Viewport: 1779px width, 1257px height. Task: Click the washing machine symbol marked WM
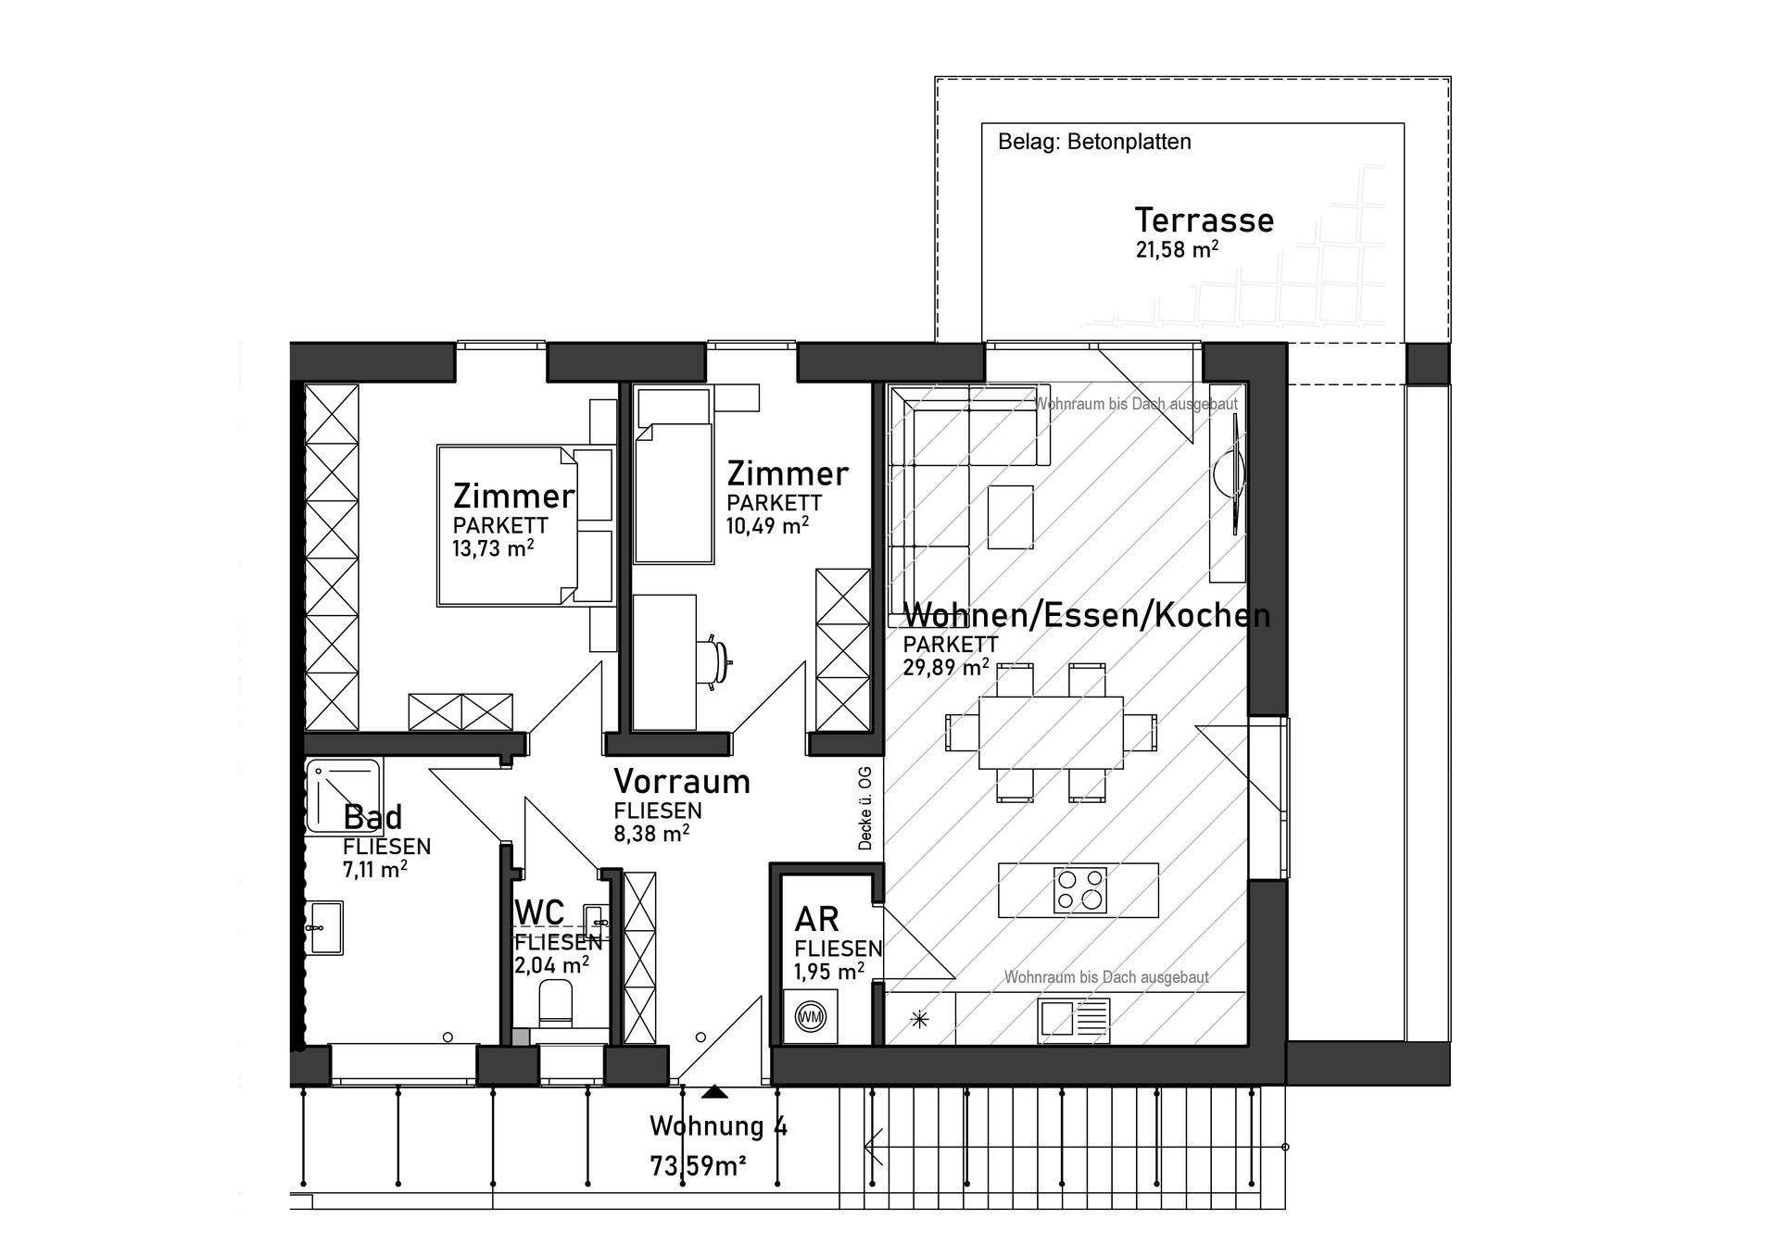pyautogui.click(x=810, y=1017)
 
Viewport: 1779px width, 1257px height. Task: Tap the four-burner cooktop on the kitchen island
pyautogui.click(x=1079, y=889)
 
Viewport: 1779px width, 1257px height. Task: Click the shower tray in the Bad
pyautogui.click(x=344, y=795)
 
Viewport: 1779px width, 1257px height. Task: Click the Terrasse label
pyautogui.click(x=1204, y=220)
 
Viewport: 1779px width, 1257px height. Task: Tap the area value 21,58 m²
pyautogui.click(x=1176, y=249)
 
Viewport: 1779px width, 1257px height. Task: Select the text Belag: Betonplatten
pyautogui.click(x=1094, y=142)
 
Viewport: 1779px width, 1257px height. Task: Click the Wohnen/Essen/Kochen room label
pyautogui.click(x=1086, y=615)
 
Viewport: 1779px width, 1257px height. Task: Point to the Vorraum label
pyautogui.click(x=681, y=781)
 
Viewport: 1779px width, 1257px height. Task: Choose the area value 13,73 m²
pyautogui.click(x=492, y=548)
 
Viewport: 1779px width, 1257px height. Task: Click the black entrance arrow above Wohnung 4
pyautogui.click(x=713, y=1092)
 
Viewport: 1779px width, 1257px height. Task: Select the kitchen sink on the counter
pyautogui.click(x=1074, y=1017)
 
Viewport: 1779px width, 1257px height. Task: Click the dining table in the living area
pyautogui.click(x=1051, y=733)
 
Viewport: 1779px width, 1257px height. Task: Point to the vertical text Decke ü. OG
pyautogui.click(x=865, y=808)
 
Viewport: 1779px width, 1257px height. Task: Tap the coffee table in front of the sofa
pyautogui.click(x=1010, y=517)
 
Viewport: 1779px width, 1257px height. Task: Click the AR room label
pyautogui.click(x=816, y=919)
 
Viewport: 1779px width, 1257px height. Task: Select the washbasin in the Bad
pyautogui.click(x=325, y=927)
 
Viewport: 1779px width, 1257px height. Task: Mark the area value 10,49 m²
pyautogui.click(x=767, y=525)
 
